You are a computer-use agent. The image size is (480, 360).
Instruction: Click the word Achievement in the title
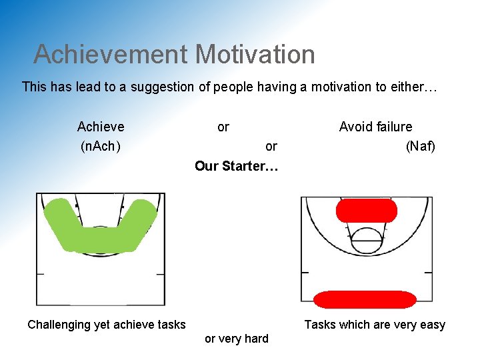111,54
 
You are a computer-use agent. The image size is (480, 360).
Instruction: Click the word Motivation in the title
256,54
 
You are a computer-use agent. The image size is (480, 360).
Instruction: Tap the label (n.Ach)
100,146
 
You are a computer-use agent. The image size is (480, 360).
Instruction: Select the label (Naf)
420,146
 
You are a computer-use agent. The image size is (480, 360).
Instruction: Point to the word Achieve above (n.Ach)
101,127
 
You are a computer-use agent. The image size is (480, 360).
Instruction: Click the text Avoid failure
375,127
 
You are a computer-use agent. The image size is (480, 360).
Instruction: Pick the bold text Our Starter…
236,166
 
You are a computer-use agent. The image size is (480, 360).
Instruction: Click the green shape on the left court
100,233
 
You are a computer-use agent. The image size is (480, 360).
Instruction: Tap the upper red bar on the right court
366,211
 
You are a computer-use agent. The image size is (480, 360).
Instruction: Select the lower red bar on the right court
364,299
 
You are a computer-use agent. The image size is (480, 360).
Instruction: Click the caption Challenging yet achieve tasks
107,325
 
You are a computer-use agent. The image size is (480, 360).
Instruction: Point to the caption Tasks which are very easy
375,325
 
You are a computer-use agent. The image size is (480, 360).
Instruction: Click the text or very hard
237,339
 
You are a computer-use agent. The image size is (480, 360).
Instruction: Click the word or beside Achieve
223,127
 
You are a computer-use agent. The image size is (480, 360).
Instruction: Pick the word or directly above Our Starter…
271,146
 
